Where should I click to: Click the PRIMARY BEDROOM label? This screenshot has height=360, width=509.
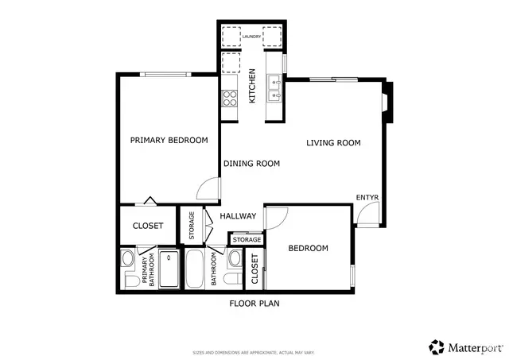pos(169,141)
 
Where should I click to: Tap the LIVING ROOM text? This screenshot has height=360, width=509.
pos(334,143)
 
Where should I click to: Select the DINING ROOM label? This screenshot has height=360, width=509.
pos(251,164)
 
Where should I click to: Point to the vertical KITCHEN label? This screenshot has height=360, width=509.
pos(252,86)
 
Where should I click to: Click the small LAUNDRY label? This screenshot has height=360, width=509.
pos(252,36)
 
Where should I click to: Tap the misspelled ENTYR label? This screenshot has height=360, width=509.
pos(367,197)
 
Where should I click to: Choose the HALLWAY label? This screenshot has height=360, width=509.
pos(238,216)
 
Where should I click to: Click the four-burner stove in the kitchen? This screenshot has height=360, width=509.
pos(230,98)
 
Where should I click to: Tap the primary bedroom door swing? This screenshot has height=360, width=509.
pos(207,188)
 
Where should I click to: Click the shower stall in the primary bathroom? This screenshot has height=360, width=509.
pos(169,270)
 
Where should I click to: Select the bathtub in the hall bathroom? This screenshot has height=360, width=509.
pos(195,270)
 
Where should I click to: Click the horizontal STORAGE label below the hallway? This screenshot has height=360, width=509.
pos(247,239)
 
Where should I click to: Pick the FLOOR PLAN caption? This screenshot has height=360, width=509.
pos(254,303)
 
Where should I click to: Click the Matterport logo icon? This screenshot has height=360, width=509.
pos(437,346)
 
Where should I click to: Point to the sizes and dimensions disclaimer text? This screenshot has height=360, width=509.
pos(254,351)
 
